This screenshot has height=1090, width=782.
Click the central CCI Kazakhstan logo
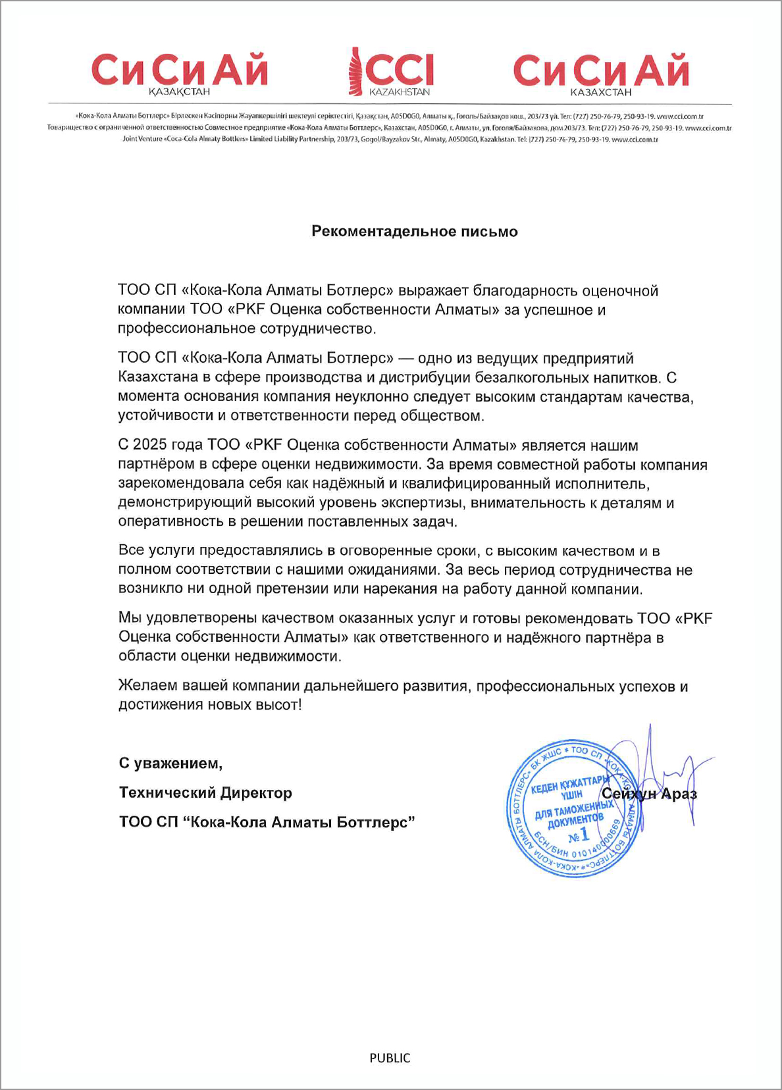click(x=390, y=71)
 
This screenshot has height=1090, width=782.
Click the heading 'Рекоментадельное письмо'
click(x=414, y=231)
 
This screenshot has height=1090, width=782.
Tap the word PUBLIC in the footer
click(x=390, y=1058)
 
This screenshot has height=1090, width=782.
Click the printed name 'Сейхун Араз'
click(x=649, y=794)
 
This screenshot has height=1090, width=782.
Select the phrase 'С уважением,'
click(x=170, y=763)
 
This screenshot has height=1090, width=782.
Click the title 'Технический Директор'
click(x=205, y=792)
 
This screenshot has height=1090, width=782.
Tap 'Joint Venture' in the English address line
click(x=142, y=139)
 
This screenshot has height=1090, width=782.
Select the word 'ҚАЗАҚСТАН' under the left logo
click(x=179, y=92)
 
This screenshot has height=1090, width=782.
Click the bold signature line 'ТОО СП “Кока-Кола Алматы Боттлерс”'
click(x=267, y=822)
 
